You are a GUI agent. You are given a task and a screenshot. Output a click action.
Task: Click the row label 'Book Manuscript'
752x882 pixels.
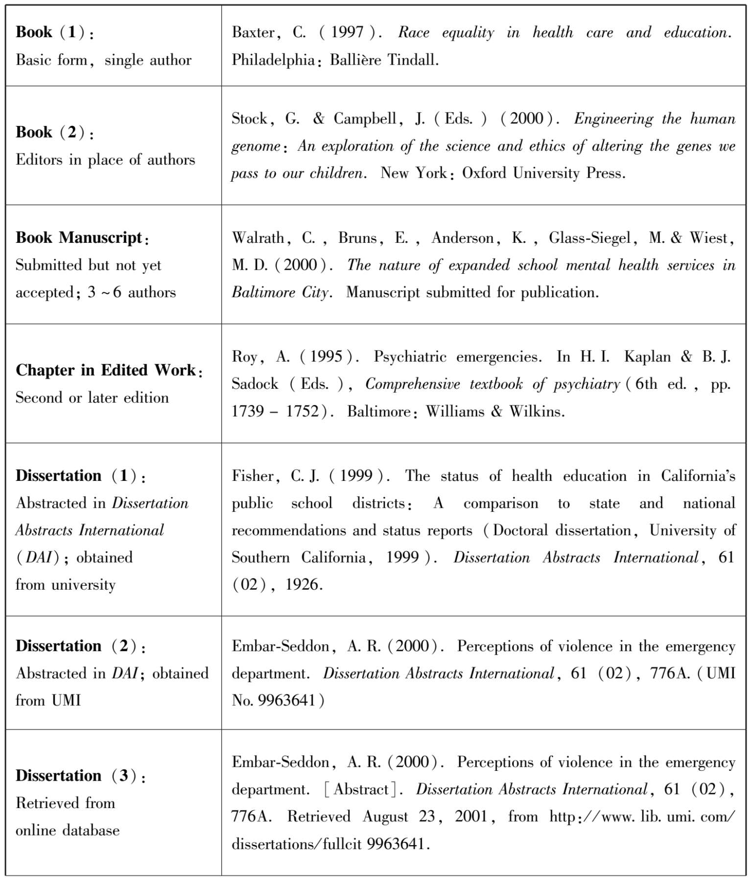click(79, 238)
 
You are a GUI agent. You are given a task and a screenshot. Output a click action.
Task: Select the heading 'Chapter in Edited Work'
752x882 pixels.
click(106, 370)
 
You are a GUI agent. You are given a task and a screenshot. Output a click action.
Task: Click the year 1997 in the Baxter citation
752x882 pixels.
click(347, 32)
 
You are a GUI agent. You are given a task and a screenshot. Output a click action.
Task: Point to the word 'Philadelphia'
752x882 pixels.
click(273, 60)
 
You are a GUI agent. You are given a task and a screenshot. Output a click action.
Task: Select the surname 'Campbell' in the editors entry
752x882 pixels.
click(365, 119)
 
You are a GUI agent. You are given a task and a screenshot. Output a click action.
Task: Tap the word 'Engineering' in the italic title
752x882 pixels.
click(613, 119)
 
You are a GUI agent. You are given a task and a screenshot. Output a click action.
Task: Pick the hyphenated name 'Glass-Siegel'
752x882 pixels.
click(589, 238)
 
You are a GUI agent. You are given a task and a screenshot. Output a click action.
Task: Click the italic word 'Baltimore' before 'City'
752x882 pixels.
click(263, 292)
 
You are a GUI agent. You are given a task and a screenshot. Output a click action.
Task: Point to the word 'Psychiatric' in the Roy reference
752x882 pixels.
click(410, 357)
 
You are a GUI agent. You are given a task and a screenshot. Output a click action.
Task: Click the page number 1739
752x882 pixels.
click(248, 411)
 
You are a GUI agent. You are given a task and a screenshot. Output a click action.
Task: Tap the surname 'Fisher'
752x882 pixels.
click(253, 476)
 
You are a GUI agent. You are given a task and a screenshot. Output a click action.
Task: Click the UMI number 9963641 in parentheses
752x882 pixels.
click(286, 700)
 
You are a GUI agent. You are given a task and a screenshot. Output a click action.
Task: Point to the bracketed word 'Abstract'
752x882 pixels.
click(361, 789)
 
